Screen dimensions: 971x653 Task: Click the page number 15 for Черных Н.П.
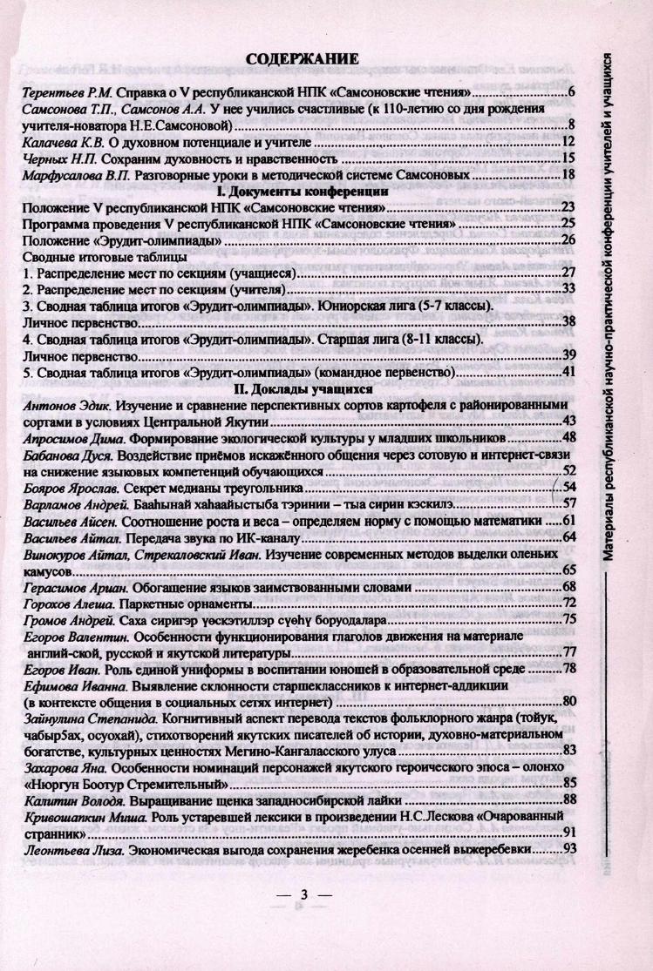[x=566, y=158]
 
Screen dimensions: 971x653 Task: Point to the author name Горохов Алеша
[x=64, y=603]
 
